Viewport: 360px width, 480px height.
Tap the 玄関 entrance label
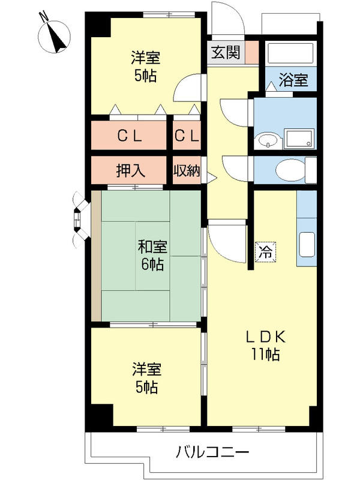[226, 52]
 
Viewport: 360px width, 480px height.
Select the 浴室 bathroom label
[295, 80]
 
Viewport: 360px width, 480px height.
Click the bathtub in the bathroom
[291, 53]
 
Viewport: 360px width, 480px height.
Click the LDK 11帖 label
[263, 346]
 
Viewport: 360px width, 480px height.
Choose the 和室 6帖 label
[152, 254]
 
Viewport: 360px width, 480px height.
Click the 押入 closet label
[130, 170]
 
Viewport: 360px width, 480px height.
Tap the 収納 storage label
[187, 170]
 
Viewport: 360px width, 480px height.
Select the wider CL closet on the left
[129, 136]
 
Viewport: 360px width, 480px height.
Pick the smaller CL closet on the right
[187, 136]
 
